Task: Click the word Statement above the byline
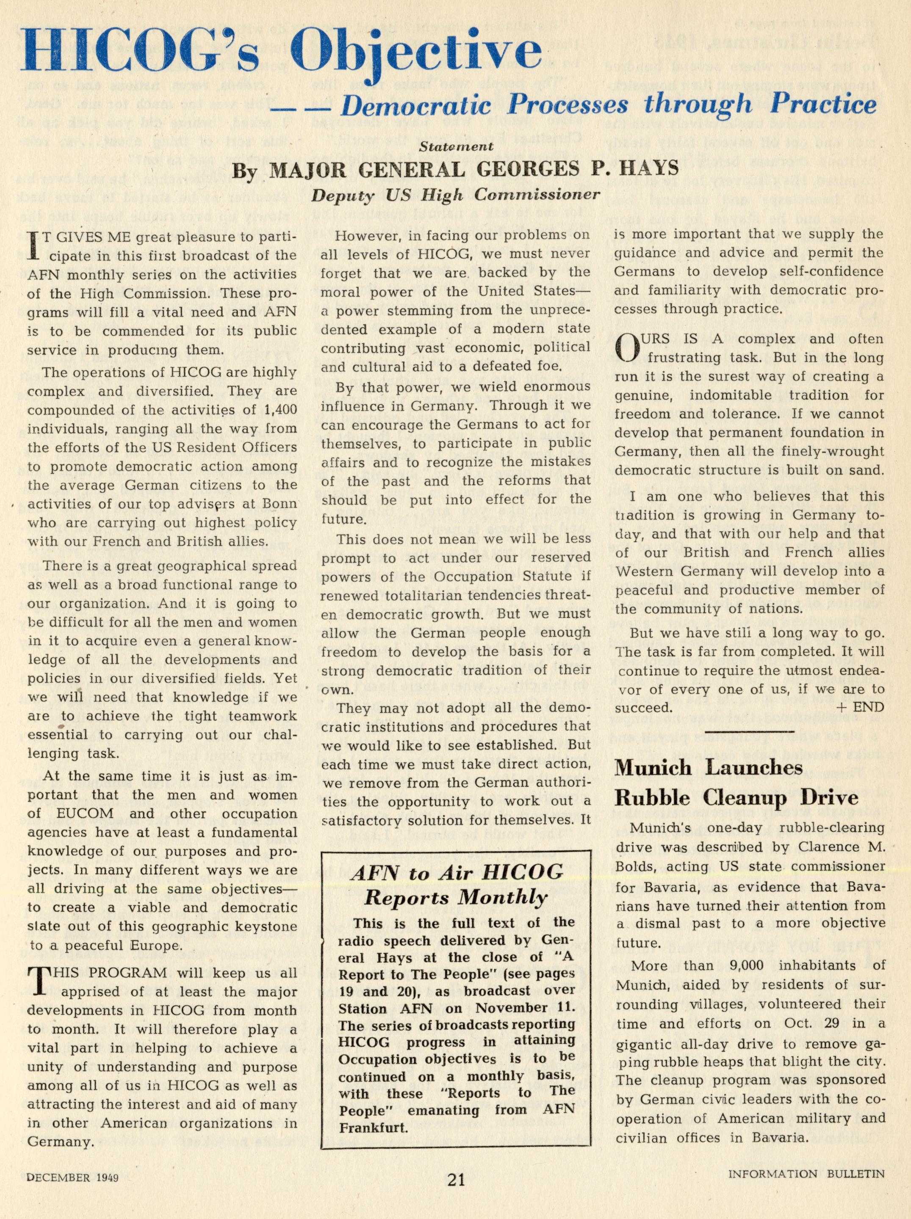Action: [x=463, y=147]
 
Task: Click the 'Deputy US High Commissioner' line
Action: [x=455, y=195]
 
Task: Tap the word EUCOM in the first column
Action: [x=78, y=814]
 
